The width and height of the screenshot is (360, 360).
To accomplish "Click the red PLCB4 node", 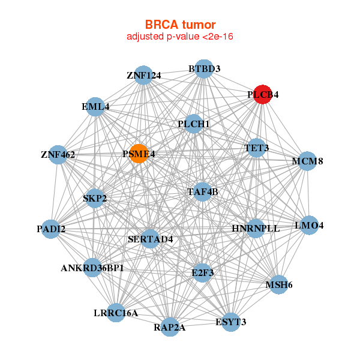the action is point(262,94).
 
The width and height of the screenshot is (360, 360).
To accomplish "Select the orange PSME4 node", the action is point(139,154).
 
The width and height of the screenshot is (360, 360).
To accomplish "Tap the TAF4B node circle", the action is point(203,192).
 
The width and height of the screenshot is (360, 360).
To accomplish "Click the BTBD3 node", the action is point(204,69).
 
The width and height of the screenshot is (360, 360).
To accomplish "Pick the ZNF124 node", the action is point(143,76).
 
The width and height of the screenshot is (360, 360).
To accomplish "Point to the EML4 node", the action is point(96,107).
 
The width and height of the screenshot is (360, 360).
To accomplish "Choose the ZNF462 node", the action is point(58,155).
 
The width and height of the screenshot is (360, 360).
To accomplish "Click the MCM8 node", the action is point(307,161).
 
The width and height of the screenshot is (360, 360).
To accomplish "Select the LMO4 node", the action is point(309,226).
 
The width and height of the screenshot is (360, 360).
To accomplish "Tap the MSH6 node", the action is point(278,284).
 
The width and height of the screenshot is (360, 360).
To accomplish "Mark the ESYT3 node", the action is point(231,322).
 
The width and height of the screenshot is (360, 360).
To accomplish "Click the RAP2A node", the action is point(170,327).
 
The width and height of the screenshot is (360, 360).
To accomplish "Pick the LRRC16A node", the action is point(116,313).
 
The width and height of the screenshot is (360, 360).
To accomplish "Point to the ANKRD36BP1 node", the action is point(92,268).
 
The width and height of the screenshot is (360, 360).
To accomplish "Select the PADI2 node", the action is point(51,229).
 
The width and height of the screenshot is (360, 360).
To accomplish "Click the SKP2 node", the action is point(95,198).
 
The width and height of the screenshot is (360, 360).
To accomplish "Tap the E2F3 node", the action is point(202,272).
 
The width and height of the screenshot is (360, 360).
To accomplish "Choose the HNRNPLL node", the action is point(256,229).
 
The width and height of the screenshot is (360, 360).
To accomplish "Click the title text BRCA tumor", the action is point(180,25).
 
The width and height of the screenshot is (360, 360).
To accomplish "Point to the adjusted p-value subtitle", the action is point(180,37).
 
